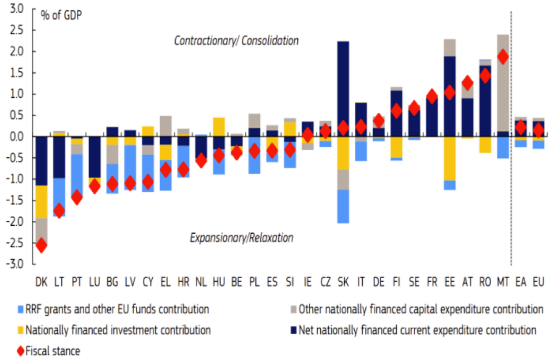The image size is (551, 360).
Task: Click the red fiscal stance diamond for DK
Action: pos(41,245)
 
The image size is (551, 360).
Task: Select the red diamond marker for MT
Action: pos(503,57)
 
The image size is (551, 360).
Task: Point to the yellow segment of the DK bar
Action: pos(41,202)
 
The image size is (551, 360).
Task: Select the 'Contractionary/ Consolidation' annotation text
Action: pos(237,41)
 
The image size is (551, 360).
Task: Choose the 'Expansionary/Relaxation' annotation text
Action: pos(242,238)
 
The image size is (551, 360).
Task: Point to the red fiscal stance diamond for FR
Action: pos(432,97)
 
